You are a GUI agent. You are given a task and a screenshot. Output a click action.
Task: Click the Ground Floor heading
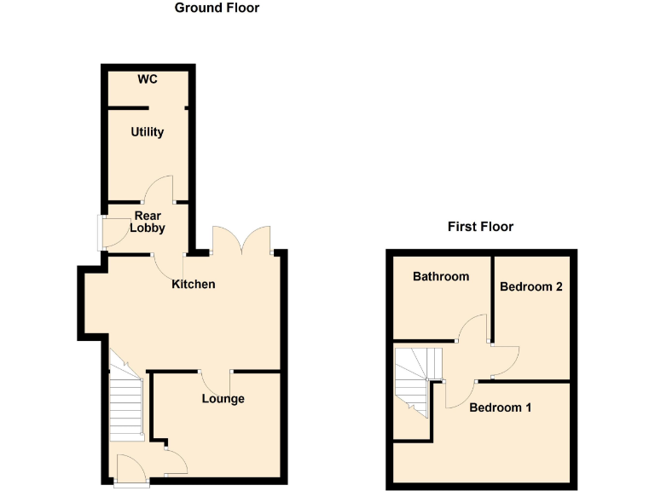217,9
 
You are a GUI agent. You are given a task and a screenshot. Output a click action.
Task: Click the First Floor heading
480,227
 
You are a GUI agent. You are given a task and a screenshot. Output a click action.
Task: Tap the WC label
148,80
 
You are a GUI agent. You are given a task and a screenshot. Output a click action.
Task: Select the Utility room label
147,133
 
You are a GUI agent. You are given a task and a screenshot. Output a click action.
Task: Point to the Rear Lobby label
147,222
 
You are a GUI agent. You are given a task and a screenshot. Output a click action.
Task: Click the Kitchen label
194,284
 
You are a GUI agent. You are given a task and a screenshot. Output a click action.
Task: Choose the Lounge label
223,399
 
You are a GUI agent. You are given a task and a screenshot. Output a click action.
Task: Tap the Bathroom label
441,276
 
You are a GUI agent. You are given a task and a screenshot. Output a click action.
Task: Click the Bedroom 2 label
530,286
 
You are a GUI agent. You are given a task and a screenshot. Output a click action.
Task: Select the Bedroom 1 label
501,407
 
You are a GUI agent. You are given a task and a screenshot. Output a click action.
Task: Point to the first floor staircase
415,379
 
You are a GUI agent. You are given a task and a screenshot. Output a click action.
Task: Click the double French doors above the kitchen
243,240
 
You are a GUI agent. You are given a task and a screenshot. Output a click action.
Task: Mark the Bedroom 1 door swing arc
458,395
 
